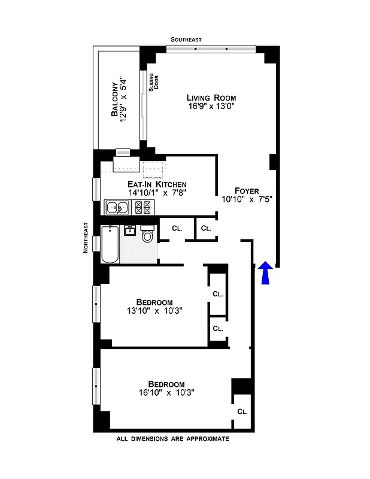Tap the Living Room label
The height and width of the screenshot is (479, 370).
coord(211,98)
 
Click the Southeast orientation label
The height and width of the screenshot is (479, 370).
coord(186,40)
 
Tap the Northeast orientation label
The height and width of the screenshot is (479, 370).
coord(86,238)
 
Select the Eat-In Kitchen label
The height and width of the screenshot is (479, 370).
coord(157,184)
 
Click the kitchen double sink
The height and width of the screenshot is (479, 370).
coord(117,208)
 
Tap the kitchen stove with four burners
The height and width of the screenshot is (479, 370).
coord(143,208)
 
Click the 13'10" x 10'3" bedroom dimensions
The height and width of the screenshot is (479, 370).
coord(154,311)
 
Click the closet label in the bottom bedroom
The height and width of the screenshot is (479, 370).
coord(242,412)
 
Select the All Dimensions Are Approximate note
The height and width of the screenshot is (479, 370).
coord(173,439)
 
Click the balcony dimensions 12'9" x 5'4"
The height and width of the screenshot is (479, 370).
coord(125,99)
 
